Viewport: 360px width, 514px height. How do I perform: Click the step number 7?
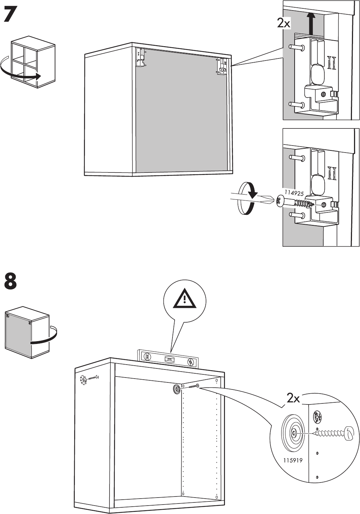coord(10,15)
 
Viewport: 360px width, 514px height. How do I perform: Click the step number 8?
coord(10,282)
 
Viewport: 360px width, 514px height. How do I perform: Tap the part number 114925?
coord(294,192)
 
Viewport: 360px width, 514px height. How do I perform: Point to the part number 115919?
coord(293,460)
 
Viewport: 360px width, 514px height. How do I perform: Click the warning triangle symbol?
coord(185,299)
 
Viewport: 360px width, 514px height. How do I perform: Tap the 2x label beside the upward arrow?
coord(283,23)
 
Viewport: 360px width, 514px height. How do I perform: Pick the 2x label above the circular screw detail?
coord(293,398)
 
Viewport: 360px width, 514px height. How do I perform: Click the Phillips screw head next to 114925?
coord(280,202)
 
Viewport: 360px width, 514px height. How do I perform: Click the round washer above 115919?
coord(293,433)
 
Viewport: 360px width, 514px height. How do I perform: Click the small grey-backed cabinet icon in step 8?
coord(27,332)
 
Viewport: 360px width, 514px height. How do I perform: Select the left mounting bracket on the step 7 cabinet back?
coord(141,57)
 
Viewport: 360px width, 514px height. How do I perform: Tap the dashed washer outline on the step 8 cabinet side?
coord(83,380)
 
